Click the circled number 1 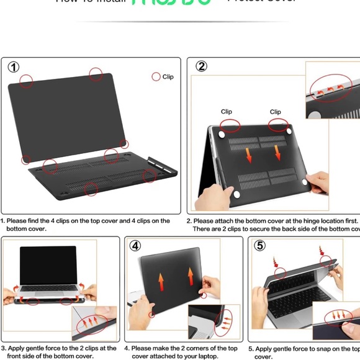point(14,67)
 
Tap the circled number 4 point(135,245)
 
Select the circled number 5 point(260,245)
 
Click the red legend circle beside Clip point(156,77)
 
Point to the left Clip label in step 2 point(227,112)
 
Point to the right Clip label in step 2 point(276,112)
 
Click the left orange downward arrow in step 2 point(249,154)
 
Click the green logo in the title point(171,2)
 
